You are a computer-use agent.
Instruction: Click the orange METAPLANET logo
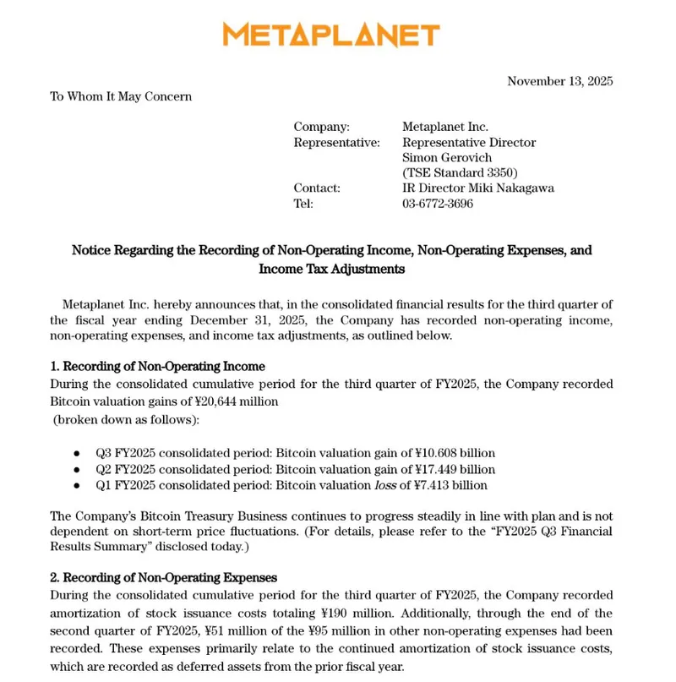pyautogui.click(x=331, y=35)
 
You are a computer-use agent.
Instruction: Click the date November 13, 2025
pyautogui.click(x=559, y=81)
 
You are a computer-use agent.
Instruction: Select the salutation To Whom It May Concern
pyautogui.click(x=121, y=96)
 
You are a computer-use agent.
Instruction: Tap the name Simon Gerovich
pyautogui.click(x=447, y=158)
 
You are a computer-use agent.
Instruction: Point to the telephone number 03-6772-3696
pyautogui.click(x=438, y=204)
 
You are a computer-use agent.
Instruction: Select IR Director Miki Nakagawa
pyautogui.click(x=478, y=188)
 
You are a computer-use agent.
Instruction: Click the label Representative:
pyautogui.click(x=336, y=143)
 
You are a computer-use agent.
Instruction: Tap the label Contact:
pyautogui.click(x=317, y=188)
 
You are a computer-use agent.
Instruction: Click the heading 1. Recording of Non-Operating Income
pyautogui.click(x=157, y=367)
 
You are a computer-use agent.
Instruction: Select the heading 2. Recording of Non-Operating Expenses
pyautogui.click(x=163, y=578)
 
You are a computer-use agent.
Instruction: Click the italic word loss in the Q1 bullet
pyautogui.click(x=384, y=485)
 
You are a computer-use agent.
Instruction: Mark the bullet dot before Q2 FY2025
pyautogui.click(x=77, y=470)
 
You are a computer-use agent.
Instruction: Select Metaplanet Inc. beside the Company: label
pyautogui.click(x=445, y=127)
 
